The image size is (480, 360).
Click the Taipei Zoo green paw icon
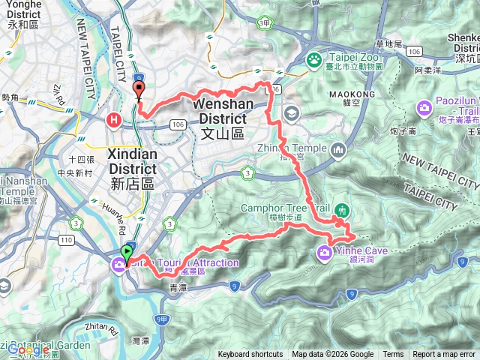(x=313, y=58)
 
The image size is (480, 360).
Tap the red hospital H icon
(x=114, y=118)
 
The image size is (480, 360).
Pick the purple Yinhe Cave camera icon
(x=324, y=250)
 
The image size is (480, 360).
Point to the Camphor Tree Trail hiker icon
(x=342, y=208)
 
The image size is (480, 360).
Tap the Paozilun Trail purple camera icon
(x=424, y=108)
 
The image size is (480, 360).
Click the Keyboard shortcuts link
(x=250, y=355)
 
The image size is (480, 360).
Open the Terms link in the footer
(x=392, y=355)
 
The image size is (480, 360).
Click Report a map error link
(x=445, y=355)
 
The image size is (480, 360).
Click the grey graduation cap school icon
(x=292, y=113)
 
